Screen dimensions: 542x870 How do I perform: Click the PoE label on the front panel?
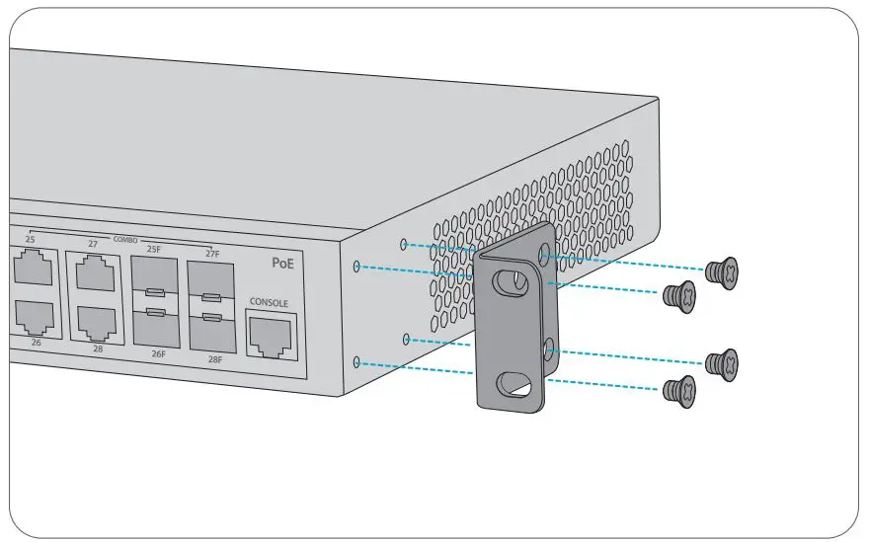282,264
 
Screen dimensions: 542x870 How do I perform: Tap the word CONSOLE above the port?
269,303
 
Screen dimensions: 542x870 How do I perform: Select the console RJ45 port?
269,336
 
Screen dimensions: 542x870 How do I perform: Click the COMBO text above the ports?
124,241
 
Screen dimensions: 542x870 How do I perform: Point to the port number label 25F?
154,250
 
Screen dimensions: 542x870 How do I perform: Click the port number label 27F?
211,255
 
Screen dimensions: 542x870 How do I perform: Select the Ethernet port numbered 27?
95,271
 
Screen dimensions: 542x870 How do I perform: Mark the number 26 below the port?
36,343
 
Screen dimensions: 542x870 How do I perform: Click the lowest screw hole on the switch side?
356,362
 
